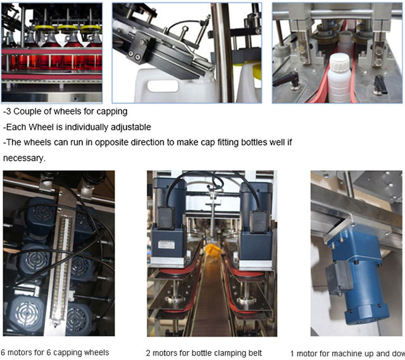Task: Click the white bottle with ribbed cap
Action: point(339,77)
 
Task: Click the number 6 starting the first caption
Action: point(3,352)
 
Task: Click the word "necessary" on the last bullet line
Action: point(23,158)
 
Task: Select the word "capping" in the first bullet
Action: point(113,111)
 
